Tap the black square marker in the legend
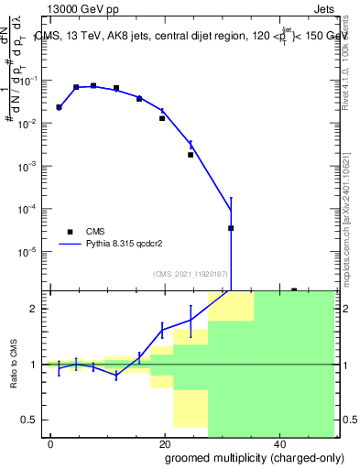70,232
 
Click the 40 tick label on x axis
278,443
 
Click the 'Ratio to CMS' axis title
13,364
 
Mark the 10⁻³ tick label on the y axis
27,166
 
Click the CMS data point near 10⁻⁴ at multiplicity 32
231,228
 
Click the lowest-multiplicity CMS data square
59,107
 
